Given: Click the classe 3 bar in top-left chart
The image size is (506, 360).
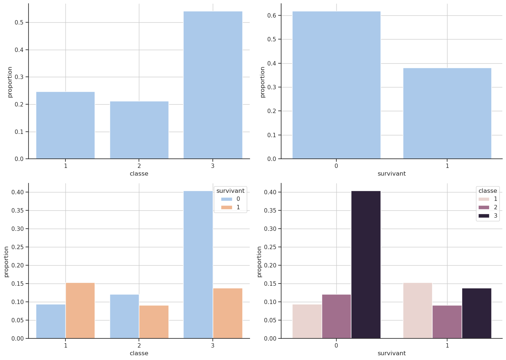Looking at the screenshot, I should (x=213, y=85).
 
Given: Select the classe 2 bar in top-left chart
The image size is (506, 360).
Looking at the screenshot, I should (x=139, y=130).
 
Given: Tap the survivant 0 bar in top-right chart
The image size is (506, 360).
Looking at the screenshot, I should (x=336, y=85).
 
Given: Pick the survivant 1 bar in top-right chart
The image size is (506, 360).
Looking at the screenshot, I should (x=447, y=113).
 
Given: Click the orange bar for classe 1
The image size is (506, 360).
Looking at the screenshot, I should (x=80, y=311).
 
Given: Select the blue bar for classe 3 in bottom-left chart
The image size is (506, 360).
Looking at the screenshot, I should (x=198, y=265).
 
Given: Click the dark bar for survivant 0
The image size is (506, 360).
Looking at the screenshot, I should (x=366, y=265).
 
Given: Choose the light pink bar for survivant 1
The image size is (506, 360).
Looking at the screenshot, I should (x=418, y=311).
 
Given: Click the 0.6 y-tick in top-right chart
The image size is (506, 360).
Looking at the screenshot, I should (x=271, y=15).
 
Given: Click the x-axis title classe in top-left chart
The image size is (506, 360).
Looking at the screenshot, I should (x=139, y=174).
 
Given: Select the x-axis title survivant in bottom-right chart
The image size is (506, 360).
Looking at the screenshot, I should (x=392, y=353).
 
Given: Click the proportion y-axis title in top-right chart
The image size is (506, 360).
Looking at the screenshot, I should (x=262, y=82).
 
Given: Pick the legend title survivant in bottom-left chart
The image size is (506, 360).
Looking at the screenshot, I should (x=230, y=191).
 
